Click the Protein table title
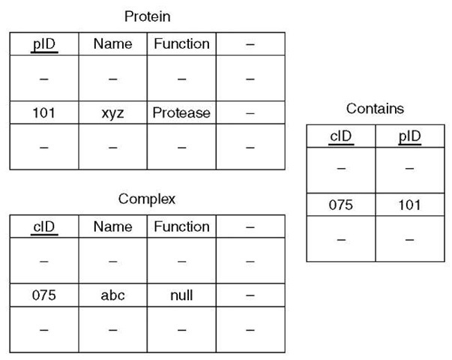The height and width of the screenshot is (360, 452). pos(146,16)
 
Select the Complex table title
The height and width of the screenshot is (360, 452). pos(146,199)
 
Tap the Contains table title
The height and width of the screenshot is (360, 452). pos(375,109)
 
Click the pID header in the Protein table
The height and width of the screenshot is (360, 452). pos(44,43)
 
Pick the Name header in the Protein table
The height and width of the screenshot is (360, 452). pos(112,43)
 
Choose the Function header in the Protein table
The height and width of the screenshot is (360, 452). pos(181,43)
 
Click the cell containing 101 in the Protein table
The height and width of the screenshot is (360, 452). pos(44,113)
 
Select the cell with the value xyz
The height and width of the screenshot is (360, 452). pos(112,113)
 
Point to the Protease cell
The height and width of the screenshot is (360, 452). pos(181,113)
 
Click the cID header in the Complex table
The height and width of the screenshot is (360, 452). pos(44,226)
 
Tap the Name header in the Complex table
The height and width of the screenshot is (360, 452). pos(112,226)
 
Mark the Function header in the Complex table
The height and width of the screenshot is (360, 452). pos(181,226)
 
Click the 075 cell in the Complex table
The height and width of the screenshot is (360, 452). pos(44,295)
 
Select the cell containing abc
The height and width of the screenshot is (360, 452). pos(112,295)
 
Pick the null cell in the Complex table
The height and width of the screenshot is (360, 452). pos(181,295)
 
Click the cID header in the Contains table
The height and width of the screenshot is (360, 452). pos(341,136)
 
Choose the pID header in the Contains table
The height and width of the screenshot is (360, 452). pos(409,136)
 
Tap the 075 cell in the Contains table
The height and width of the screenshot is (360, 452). pos(341,205)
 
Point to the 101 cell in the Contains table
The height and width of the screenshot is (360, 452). pos(409,205)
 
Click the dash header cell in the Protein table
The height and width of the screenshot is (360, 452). pos(250,43)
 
